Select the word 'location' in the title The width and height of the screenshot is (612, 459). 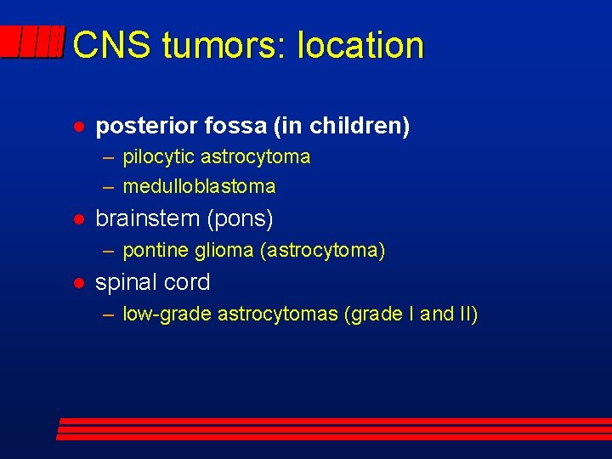point(360,45)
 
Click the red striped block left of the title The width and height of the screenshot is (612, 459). point(32,42)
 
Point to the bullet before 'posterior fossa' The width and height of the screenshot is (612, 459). point(76,127)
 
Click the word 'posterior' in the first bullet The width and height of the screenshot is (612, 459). point(147,127)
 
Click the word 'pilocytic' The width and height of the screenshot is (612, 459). point(158,157)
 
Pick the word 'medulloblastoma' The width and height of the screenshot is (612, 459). point(199,186)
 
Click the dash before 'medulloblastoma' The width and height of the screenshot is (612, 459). point(108,186)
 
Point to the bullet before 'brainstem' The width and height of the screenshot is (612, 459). point(76,220)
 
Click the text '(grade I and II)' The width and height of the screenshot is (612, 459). point(411,314)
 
